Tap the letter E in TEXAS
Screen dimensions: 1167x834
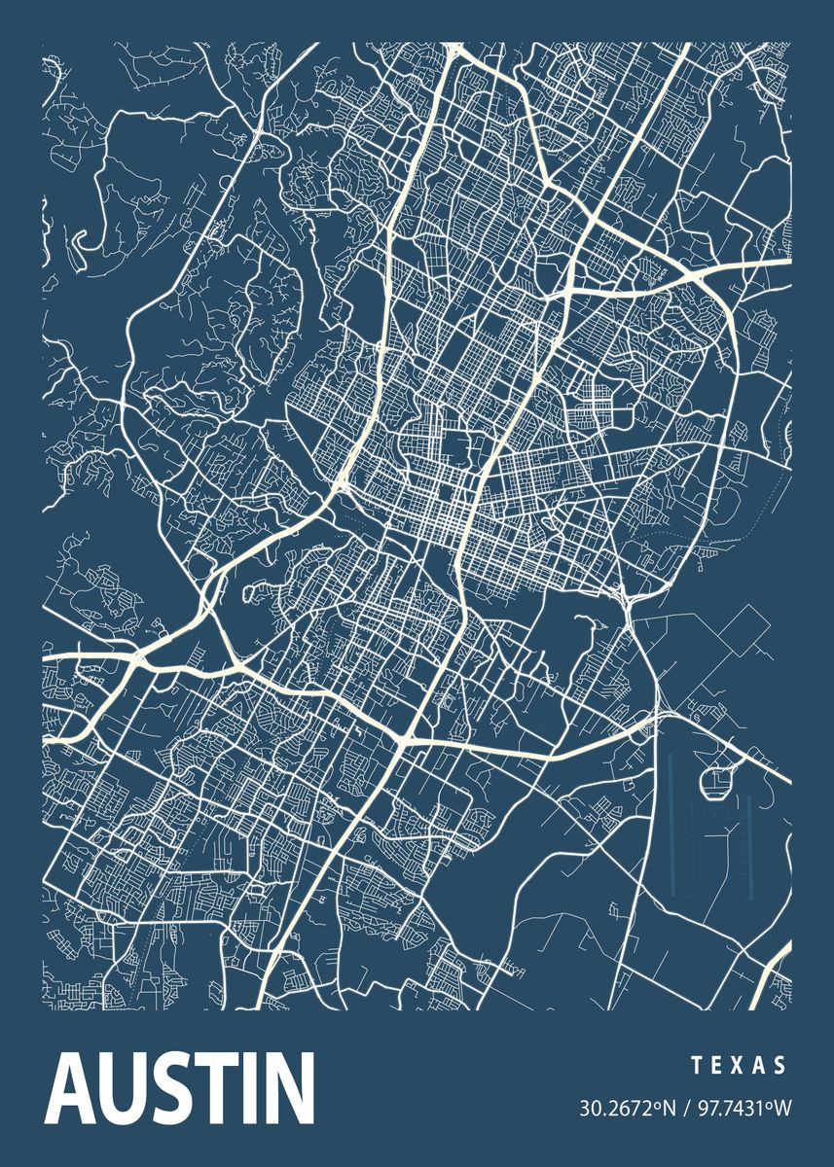(x=717, y=1066)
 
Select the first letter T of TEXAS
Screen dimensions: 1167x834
(x=697, y=1066)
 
